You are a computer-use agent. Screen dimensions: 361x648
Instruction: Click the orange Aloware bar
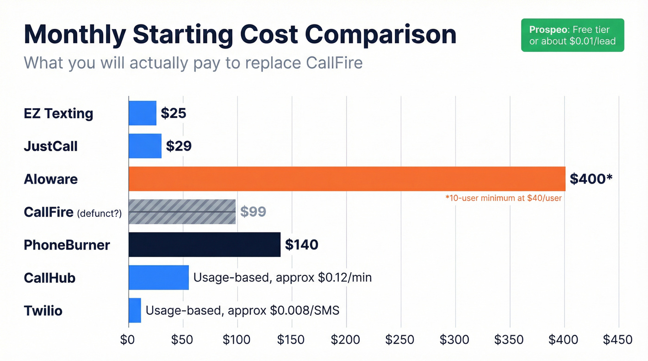click(347, 179)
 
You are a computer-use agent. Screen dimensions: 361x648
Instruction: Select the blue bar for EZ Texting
click(143, 113)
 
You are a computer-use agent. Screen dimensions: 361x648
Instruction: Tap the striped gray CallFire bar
click(182, 212)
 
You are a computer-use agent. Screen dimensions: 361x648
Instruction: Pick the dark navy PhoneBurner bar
click(205, 245)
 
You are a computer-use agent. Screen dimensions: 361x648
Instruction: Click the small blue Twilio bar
click(135, 310)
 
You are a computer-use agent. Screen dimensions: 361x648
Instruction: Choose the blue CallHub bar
click(159, 277)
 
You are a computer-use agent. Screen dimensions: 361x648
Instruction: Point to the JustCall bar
click(145, 146)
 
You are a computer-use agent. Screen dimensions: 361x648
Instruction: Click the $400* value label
click(591, 179)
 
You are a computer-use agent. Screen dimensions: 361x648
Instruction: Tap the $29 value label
click(179, 146)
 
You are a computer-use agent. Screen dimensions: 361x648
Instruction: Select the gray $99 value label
click(253, 212)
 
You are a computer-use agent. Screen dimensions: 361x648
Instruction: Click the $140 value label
click(301, 245)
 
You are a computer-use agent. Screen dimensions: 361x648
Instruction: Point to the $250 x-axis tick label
click(400, 340)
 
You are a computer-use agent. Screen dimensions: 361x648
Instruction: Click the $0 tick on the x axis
click(127, 340)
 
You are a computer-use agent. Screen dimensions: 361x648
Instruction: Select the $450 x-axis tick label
click(617, 340)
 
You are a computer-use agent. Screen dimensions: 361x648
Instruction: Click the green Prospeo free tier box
click(572, 35)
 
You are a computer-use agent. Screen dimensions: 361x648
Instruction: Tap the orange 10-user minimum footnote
click(504, 198)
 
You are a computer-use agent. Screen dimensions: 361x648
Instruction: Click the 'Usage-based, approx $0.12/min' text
click(282, 277)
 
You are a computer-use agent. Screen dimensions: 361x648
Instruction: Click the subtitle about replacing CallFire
click(193, 63)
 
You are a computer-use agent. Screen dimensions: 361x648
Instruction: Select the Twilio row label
click(43, 310)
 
